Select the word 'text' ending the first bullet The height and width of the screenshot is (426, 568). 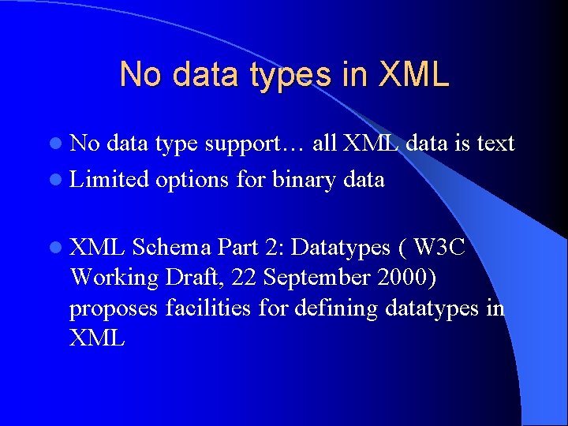tap(495, 144)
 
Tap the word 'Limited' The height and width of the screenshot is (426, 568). tap(110, 180)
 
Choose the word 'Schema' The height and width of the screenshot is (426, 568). tap(171, 248)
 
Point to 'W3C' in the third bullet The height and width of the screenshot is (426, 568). tap(439, 248)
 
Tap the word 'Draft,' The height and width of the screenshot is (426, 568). tap(199, 278)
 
